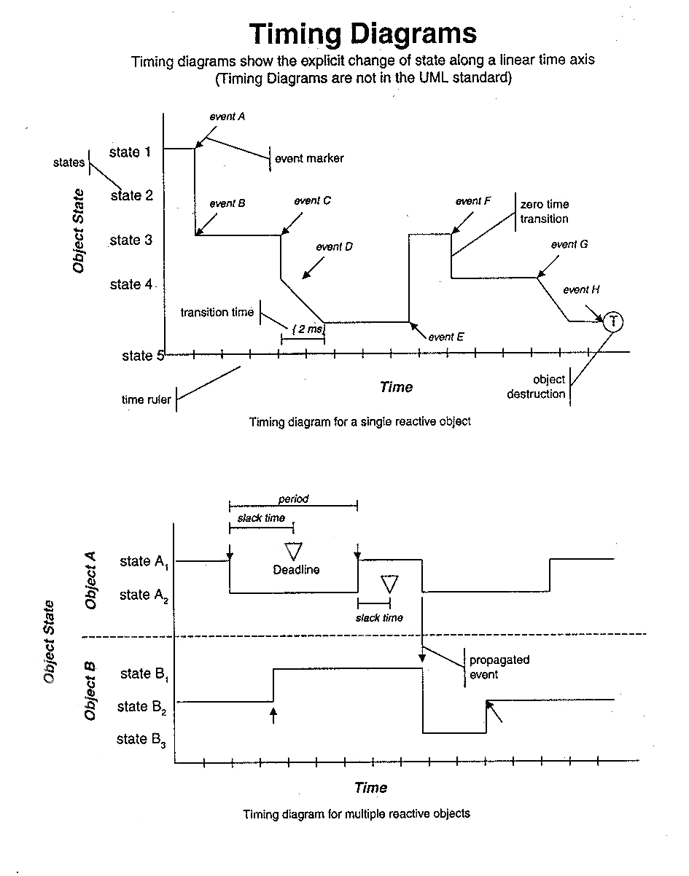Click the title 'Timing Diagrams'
[363, 34]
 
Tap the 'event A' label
[227, 117]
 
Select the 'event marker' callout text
[309, 158]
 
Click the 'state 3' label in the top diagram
[131, 240]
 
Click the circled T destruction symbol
[614, 321]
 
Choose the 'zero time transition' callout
[544, 211]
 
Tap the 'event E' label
[446, 337]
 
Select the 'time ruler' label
[147, 399]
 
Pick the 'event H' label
[581, 289]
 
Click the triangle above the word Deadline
[293, 551]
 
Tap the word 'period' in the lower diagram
[293, 499]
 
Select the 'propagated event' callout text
[499, 667]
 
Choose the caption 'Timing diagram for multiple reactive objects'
[357, 813]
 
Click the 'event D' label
[334, 247]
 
